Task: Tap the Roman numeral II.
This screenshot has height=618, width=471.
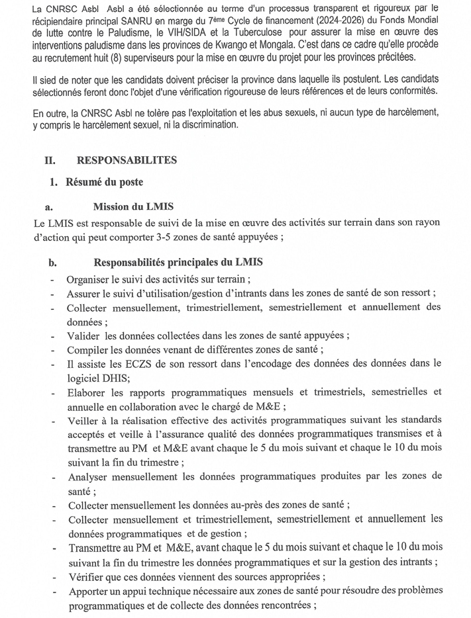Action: coord(49,160)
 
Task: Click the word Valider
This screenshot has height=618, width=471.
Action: coord(83,335)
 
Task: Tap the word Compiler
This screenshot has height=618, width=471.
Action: coord(87,350)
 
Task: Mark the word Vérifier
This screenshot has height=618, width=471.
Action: coord(85,576)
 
